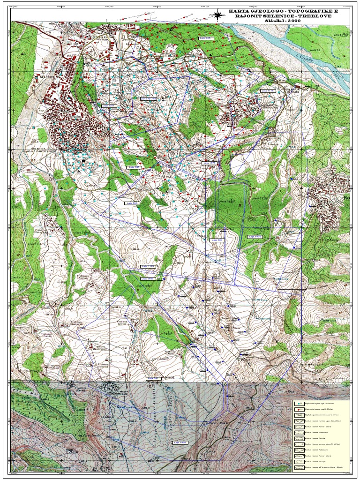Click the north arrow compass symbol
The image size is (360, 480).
[x=218, y=14]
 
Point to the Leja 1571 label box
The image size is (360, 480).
[x=109, y=106]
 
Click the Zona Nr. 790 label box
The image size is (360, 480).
[x=148, y=98]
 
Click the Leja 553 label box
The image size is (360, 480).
[x=132, y=203]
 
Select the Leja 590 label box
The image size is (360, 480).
[x=217, y=240]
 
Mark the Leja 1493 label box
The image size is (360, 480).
[x=255, y=237]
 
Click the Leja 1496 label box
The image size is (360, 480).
[x=148, y=278]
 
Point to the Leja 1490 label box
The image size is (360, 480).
[x=180, y=442]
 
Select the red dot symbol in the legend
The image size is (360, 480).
[x=299, y=409]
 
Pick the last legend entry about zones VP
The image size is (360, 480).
[x=323, y=467]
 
